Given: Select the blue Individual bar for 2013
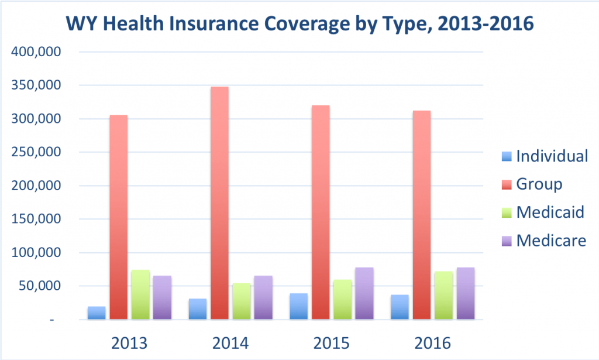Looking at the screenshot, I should [97, 313].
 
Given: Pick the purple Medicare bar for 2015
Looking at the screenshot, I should [363, 293].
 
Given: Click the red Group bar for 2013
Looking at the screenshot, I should [118, 217].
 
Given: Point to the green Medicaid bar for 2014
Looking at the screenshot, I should [241, 301].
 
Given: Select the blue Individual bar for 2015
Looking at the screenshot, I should [299, 306].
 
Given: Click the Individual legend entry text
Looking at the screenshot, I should [552, 156].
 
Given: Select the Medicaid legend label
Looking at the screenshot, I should [550, 212].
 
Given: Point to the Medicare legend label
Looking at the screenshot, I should [550, 240].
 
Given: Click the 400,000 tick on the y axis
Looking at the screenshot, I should [37, 52].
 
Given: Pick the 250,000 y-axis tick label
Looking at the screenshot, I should [37, 153].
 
